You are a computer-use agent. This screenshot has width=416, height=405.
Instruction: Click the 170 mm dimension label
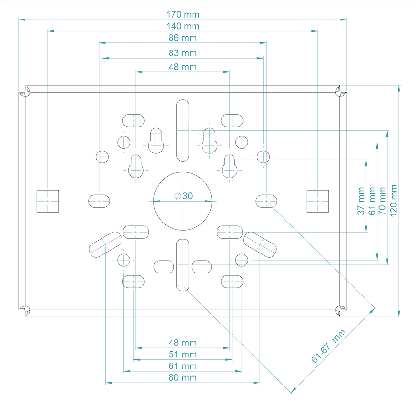(x=183, y=14)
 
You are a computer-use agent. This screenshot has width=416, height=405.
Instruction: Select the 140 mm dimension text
(x=183, y=26)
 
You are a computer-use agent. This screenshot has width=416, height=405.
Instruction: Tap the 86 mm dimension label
(x=183, y=38)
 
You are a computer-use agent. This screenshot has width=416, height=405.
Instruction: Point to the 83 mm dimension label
(x=183, y=53)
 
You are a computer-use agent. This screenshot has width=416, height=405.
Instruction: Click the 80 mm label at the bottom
(x=183, y=377)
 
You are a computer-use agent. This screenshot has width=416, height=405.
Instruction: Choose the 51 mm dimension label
(x=183, y=354)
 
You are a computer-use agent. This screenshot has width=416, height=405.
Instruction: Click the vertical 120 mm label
(x=394, y=201)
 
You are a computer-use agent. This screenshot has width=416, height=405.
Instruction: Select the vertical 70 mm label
(x=382, y=201)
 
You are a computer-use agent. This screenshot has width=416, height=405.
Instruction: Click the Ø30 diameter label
(x=183, y=196)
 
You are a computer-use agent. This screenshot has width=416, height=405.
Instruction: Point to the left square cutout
(x=48, y=201)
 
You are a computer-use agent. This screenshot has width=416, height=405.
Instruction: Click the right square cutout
(x=317, y=201)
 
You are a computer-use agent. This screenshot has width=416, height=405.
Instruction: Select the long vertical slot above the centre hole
(x=183, y=130)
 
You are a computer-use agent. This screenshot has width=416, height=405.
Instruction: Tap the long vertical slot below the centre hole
(x=183, y=265)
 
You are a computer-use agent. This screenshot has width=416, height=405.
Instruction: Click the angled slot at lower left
(x=105, y=244)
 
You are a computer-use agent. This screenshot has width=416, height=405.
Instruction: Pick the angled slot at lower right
(x=260, y=244)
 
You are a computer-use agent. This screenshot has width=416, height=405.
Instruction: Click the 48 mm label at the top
(x=183, y=67)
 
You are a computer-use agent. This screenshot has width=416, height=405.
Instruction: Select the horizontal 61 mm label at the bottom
(x=183, y=366)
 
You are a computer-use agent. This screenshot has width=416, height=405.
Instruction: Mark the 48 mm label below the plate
(x=183, y=343)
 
